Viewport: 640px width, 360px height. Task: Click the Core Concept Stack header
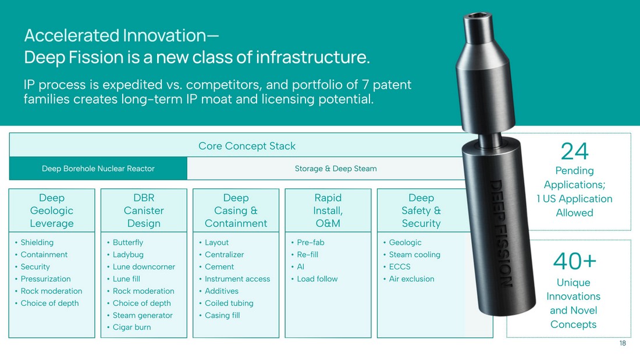click(x=247, y=146)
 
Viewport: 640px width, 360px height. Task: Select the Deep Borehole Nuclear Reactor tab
click(x=98, y=169)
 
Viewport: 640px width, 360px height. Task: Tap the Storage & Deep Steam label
click(x=336, y=169)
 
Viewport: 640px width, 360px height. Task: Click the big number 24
click(x=574, y=151)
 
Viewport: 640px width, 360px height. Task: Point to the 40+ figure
click(x=574, y=261)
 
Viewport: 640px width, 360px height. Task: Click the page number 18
click(x=623, y=343)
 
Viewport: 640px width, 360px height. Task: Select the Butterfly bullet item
click(x=128, y=243)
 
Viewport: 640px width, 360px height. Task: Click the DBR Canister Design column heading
click(x=144, y=211)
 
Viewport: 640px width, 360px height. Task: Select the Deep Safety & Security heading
click(x=421, y=211)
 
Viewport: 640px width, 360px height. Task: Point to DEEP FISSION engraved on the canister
click(x=500, y=233)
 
